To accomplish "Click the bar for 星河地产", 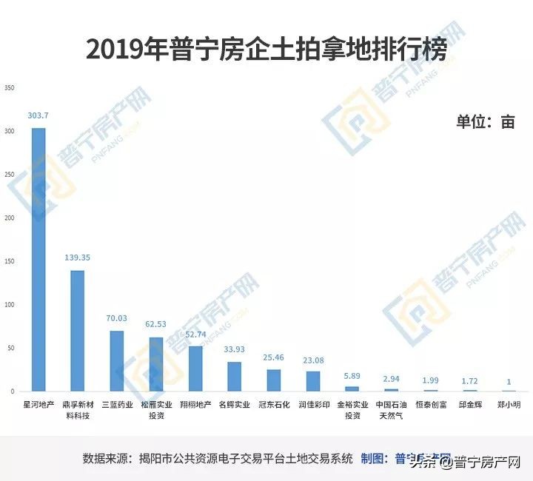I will point(38,259).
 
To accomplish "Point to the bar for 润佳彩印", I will point(313,380).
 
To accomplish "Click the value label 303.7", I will point(38,115).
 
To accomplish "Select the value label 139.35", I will point(78,258).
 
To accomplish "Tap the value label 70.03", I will point(117,318).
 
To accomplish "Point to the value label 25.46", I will point(274,357).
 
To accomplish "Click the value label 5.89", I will point(352,375).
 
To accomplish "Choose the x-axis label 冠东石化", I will point(274,405).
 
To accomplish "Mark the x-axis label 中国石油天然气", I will point(391,410).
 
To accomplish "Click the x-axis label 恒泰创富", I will point(430,405).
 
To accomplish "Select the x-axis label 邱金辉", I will point(469,405).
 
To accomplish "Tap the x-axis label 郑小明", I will point(509,405).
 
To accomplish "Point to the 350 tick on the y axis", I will point(10,88).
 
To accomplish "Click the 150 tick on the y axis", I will point(10,261).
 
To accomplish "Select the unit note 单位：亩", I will point(485,123).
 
